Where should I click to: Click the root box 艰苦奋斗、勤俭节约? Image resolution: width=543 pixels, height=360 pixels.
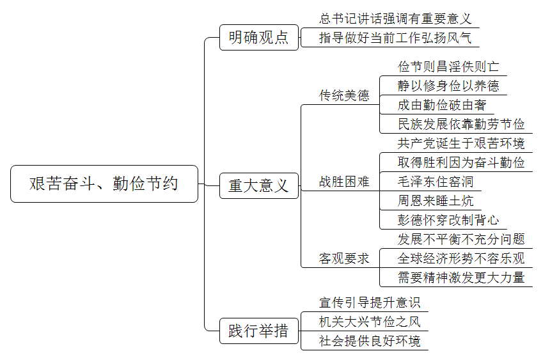coord(104,184)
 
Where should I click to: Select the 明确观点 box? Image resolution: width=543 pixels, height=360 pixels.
coord(258,37)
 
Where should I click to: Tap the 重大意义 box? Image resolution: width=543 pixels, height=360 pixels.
coord(258,185)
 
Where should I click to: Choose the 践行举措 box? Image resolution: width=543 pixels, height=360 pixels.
coord(258,331)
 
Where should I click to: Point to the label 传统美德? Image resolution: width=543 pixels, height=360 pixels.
coord(344,95)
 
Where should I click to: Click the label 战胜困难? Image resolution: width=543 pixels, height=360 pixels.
coord(344,182)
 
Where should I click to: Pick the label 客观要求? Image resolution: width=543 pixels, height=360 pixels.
coord(344,258)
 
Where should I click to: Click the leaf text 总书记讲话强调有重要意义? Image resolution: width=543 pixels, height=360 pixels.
coord(395,19)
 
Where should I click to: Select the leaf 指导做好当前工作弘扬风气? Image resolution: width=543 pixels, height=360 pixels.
coord(395,38)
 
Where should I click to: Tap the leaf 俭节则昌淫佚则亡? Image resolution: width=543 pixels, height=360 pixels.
coord(448,67)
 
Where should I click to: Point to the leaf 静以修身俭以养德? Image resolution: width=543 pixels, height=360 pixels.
coord(448,86)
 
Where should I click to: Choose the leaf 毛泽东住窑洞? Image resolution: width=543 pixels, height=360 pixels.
coord(436,182)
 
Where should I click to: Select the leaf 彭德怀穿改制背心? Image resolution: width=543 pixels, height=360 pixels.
coord(448,220)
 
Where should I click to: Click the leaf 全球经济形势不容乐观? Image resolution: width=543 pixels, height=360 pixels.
coord(461,258)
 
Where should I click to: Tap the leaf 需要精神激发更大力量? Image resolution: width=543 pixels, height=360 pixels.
coord(461,278)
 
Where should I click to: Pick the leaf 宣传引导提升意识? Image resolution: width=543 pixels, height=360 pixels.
coord(370,302)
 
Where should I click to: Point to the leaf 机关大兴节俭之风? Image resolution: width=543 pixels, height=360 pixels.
coord(370,322)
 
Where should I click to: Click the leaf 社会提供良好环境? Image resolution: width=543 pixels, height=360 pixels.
coord(370,341)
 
